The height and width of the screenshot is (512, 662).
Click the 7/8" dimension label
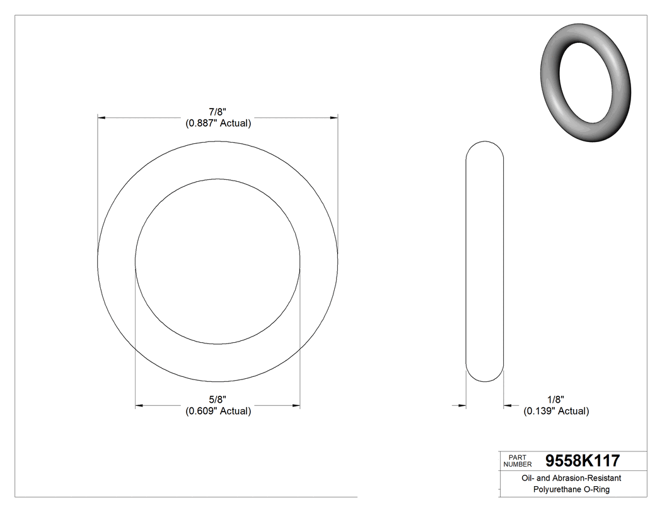pyautogui.click(x=218, y=112)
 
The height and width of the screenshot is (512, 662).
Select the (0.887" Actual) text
pyautogui.click(x=218, y=124)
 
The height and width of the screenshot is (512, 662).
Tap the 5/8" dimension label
pyautogui.click(x=218, y=399)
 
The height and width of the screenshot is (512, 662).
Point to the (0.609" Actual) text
pyautogui.click(x=218, y=411)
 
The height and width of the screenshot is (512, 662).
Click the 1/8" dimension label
pyautogui.click(x=555, y=399)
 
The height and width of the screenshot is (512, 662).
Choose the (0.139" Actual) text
pyautogui.click(x=556, y=411)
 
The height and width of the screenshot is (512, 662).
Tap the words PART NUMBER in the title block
pyautogui.click(x=517, y=460)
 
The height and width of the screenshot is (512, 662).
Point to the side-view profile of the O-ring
pyautogui.click(x=484, y=261)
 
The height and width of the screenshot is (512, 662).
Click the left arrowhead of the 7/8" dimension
pyautogui.click(x=101, y=117)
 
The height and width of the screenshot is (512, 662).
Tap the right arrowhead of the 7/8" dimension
pyautogui.click(x=334, y=117)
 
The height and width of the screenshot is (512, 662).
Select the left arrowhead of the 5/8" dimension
pyautogui.click(x=139, y=405)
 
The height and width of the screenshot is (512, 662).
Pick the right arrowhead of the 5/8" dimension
pyautogui.click(x=296, y=405)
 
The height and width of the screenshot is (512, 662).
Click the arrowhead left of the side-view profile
pyautogui.click(x=462, y=405)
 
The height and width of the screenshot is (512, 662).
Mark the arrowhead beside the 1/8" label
pyautogui.click(x=508, y=405)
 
